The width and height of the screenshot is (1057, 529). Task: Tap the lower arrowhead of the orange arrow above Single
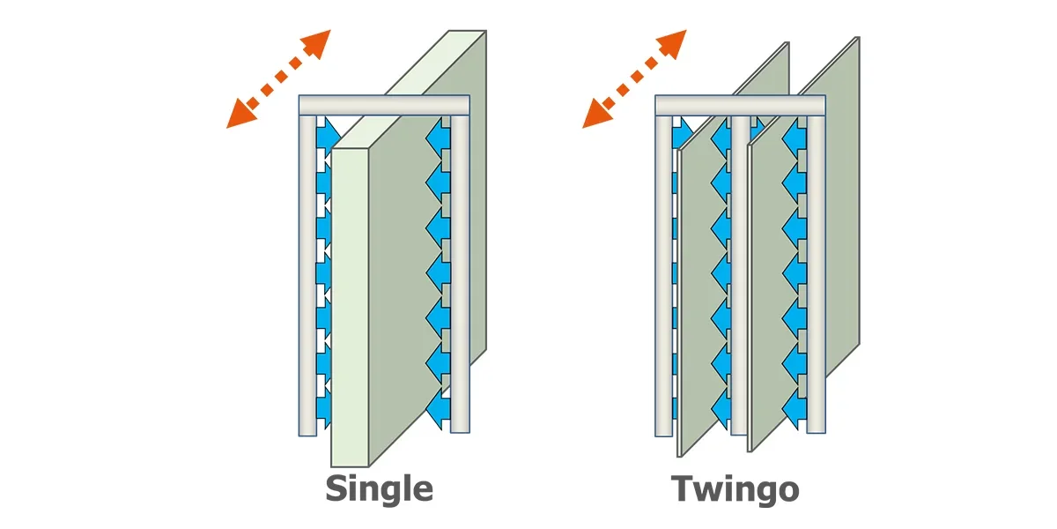pyautogui.click(x=241, y=115)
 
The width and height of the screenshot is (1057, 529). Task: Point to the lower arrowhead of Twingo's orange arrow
pyautogui.click(x=597, y=115)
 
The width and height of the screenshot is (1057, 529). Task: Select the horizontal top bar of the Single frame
pyautogui.click(x=384, y=105)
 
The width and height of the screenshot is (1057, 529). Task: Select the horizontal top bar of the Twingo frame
pyautogui.click(x=741, y=105)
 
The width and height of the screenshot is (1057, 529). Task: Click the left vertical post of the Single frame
pyautogui.click(x=307, y=276)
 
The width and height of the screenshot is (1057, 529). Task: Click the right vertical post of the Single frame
pyautogui.click(x=460, y=274)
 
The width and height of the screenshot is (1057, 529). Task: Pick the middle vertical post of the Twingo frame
pyautogui.click(x=741, y=275)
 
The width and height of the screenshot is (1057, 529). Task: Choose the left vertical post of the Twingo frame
pyautogui.click(x=663, y=276)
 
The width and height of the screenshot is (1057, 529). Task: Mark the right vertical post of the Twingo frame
pyautogui.click(x=817, y=274)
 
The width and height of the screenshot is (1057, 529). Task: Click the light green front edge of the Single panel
pyautogui.click(x=350, y=307)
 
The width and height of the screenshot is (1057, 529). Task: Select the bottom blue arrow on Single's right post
pyautogui.click(x=438, y=408)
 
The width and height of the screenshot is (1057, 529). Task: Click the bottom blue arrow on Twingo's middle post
pyautogui.click(x=721, y=408)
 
